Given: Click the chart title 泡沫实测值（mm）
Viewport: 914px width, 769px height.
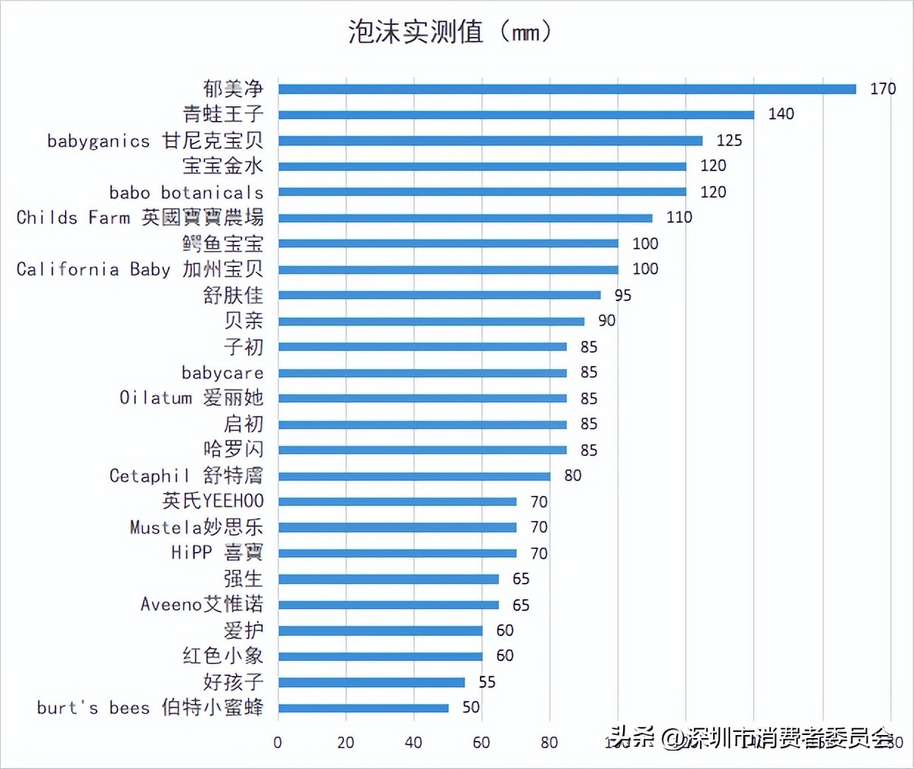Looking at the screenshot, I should tap(451, 32).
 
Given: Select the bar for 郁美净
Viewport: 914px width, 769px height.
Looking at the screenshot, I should tap(567, 89).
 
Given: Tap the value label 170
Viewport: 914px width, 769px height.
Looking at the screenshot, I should tap(882, 89).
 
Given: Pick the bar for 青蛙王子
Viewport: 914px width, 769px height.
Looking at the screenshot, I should tap(516, 114).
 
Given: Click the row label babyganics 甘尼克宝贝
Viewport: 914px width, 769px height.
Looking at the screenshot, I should tap(155, 140).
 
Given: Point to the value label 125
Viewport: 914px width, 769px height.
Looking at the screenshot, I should tap(729, 140).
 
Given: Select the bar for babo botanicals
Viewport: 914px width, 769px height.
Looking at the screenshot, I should tap(482, 192).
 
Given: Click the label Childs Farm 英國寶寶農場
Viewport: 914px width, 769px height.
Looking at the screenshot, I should tap(140, 218).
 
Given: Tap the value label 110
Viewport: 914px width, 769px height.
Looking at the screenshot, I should tap(678, 218).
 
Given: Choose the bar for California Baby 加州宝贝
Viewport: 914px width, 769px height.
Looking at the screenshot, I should tap(448, 269).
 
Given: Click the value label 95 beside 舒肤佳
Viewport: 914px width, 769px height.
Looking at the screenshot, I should tap(622, 295).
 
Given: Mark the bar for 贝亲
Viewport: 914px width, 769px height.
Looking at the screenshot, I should tap(431, 321).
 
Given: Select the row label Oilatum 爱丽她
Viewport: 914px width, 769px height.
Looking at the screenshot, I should tap(191, 398).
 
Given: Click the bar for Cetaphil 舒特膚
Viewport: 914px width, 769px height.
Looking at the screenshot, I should tap(414, 476).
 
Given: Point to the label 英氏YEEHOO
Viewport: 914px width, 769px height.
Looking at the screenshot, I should tap(213, 501).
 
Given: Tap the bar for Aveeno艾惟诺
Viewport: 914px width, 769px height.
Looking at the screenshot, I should tap(388, 604).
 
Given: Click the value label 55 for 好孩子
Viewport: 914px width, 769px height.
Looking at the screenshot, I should tap(487, 682).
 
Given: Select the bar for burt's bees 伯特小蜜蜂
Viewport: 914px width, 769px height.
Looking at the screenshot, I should tap(363, 708).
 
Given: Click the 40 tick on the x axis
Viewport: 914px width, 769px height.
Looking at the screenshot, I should tap(413, 742).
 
